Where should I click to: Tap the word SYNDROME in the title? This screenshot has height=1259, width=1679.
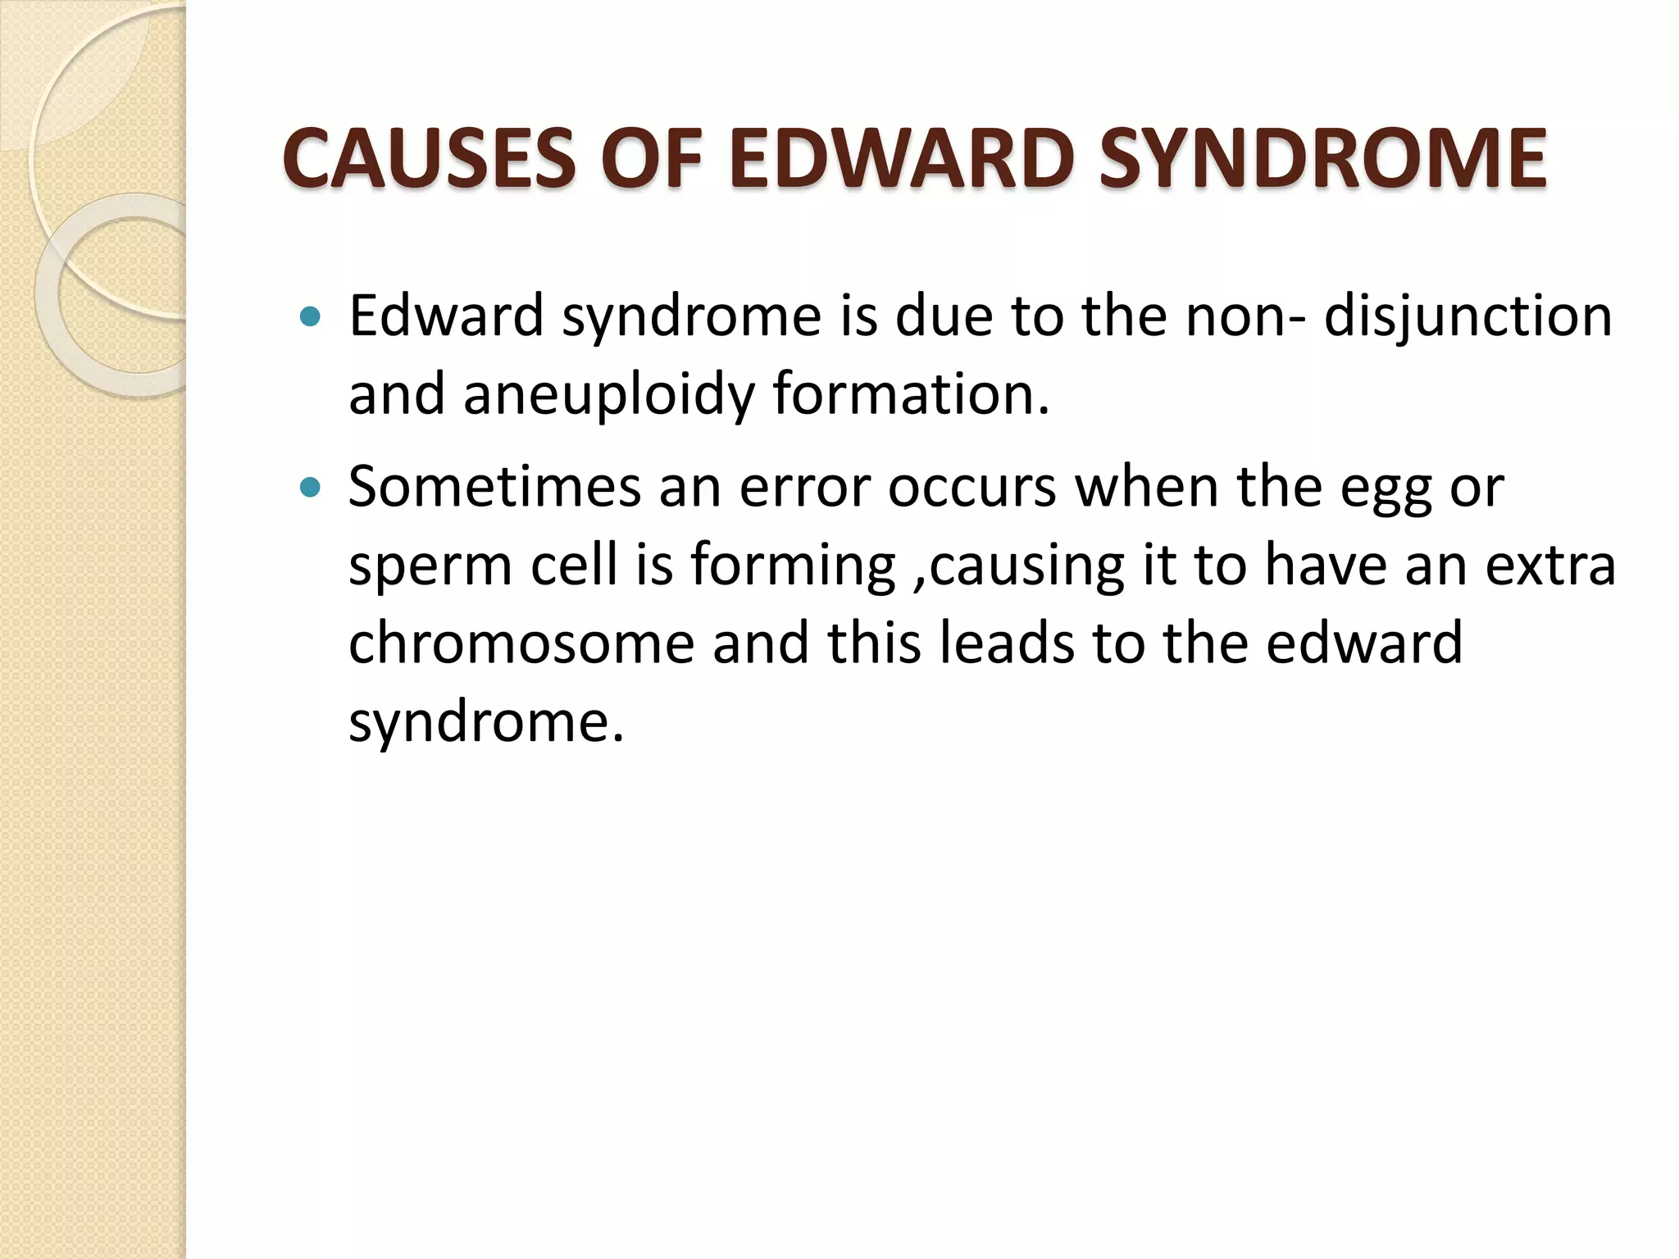coord(1322,158)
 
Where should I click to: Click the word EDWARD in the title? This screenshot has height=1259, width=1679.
coord(901,158)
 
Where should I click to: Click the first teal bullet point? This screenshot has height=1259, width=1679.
coord(310,316)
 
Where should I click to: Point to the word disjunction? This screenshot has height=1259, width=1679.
coord(1467,316)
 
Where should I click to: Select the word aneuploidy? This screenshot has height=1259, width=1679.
coord(608,395)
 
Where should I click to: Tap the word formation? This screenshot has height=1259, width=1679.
coord(910,393)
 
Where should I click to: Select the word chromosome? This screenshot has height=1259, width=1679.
coord(521,643)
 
